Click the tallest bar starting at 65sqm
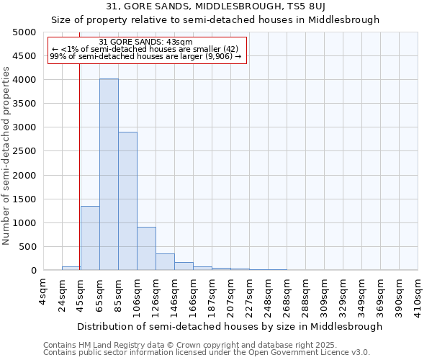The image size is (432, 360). [x=109, y=174]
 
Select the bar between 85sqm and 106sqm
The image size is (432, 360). [x=127, y=201]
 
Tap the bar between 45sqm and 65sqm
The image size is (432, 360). [x=90, y=238]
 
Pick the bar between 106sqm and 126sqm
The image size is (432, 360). [x=146, y=248]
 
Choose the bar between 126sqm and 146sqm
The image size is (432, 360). [x=165, y=262]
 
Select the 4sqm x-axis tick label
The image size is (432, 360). [x=44, y=292]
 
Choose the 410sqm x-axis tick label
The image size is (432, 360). [x=418, y=294]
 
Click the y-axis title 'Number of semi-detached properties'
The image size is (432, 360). [x=6, y=156]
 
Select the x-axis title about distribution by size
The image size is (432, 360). [x=230, y=326]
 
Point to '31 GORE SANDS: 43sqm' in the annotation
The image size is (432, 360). [x=145, y=42]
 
